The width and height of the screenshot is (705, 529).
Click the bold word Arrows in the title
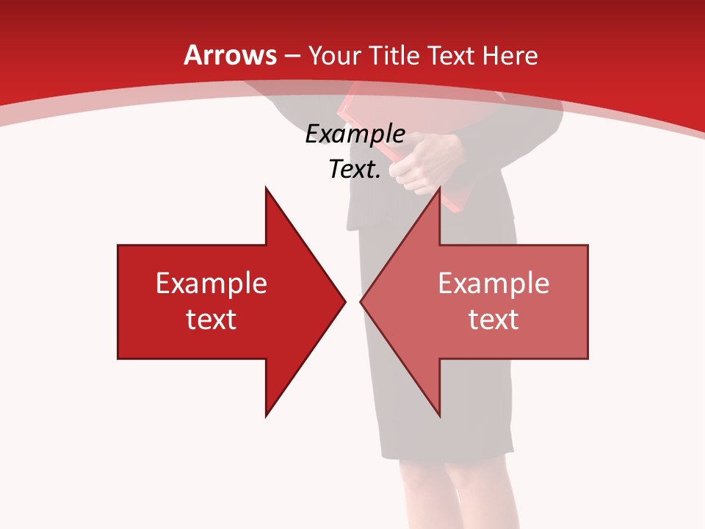point(231,55)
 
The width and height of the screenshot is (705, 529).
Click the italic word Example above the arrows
point(355,134)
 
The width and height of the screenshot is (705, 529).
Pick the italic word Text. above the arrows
point(355,169)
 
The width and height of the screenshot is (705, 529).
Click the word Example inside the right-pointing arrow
point(211,283)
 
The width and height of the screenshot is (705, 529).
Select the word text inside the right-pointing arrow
point(211,319)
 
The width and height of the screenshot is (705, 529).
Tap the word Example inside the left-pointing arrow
point(493,283)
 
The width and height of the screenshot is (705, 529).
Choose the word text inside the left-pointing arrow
point(493,319)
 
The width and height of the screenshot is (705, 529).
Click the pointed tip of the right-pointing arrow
point(344,301)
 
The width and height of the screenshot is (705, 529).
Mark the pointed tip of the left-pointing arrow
point(361,301)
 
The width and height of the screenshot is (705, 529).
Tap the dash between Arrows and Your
point(291,57)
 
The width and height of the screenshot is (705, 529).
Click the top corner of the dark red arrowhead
point(266,188)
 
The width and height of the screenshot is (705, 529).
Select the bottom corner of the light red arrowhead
point(440,416)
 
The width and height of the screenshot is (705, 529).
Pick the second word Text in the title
point(451,55)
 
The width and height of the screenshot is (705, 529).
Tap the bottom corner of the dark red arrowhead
point(266,416)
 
